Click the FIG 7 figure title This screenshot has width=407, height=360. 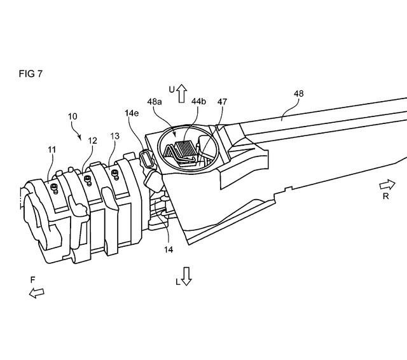coord(31,74)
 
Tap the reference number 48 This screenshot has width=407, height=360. coord(298,93)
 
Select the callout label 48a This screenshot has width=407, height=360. coord(155,102)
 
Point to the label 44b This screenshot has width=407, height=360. coord(198,101)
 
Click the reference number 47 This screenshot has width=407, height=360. coord(222,102)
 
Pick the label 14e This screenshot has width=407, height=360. coord(132,113)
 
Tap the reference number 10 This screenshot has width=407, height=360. coord(72,116)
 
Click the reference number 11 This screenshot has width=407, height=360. coord(52,149)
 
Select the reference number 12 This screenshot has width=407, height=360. coord(93,141)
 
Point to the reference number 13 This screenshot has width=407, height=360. coord(114,136)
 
